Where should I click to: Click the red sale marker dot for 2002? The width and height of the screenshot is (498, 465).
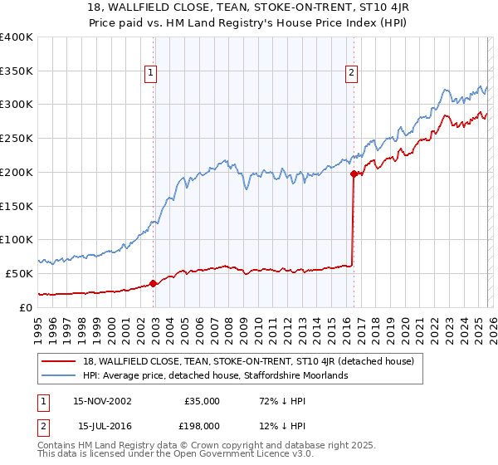point(154,283)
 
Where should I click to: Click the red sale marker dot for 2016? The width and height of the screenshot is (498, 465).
point(354,174)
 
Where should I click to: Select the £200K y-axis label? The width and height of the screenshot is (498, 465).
point(17,173)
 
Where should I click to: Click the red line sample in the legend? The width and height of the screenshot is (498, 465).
point(60,361)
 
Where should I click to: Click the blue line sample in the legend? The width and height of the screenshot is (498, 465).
point(60,376)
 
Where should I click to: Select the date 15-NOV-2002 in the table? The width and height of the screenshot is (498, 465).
point(102,401)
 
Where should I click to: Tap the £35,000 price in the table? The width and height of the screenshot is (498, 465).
point(201,401)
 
